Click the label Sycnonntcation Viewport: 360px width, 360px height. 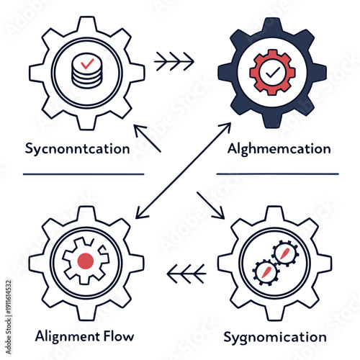click(x=77, y=150)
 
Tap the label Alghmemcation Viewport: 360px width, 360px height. click(x=279, y=150)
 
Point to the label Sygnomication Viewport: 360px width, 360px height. click(x=274, y=336)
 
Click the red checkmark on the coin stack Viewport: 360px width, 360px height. click(x=87, y=64)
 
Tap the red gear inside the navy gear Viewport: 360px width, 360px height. click(x=271, y=73)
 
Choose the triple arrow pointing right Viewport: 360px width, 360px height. click(x=175, y=63)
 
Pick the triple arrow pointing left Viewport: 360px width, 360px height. click(x=186, y=272)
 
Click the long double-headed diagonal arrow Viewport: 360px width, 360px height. click(x=184, y=169)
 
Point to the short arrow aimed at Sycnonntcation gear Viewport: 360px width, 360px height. click(x=148, y=139)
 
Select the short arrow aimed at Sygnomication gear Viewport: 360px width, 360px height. click(x=211, y=204)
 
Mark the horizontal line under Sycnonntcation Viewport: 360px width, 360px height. click(x=83, y=174)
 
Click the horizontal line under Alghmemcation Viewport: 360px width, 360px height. click(x=277, y=174)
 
